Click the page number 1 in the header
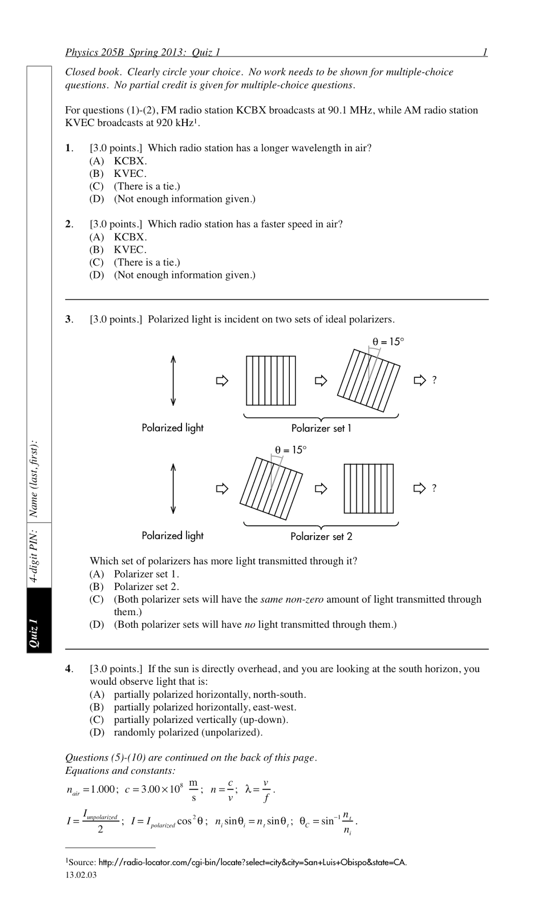485,52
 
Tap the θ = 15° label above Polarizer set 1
388,342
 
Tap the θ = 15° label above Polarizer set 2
290,450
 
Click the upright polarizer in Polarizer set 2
369,488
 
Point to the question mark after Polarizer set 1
434,380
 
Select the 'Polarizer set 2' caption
321,536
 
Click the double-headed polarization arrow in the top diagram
173,381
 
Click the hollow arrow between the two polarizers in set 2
321,488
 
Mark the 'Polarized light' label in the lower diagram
172,536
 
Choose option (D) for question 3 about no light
254,624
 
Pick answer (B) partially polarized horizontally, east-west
205,707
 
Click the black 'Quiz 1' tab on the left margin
39,620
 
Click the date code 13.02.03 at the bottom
81,875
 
